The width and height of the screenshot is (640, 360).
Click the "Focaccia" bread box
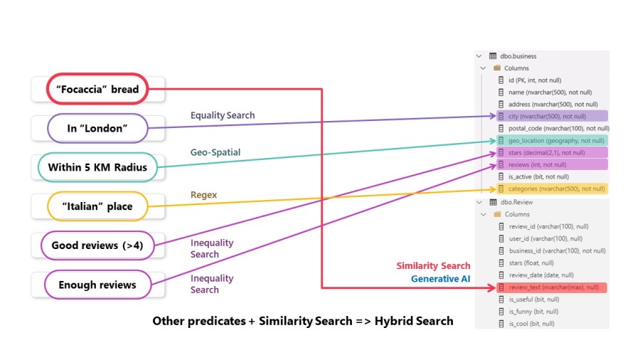pos(97,90)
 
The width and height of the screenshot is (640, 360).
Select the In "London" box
pos(97,129)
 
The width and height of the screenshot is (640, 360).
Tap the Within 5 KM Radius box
pos(97,168)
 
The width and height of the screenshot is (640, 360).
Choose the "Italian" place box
pos(97,206)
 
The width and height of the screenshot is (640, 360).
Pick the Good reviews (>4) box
pos(97,245)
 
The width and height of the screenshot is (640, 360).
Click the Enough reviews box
pos(97,285)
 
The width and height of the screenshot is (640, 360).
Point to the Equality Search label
pos(222,115)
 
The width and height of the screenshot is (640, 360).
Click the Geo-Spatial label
pos(215,152)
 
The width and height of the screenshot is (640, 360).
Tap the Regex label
pos(203,194)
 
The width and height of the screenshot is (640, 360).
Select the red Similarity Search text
pos(433,266)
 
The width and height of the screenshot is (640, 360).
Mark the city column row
pos(547,116)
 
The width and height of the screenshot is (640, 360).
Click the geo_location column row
pos(551,140)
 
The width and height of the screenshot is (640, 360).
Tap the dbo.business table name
pos(518,56)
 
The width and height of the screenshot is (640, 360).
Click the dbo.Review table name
pos(516,202)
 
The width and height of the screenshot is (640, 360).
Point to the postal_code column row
pos(551,128)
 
